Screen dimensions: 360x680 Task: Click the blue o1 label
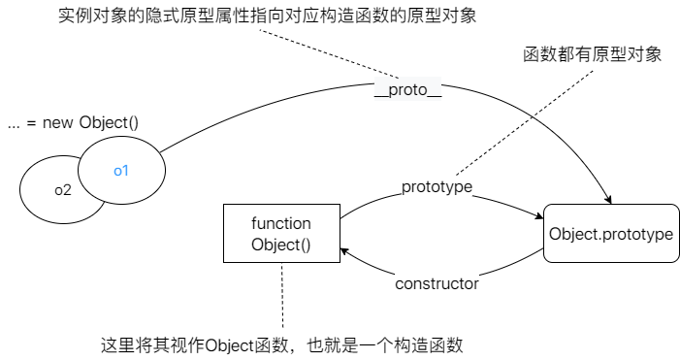(x=121, y=171)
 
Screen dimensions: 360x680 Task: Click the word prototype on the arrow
(x=437, y=185)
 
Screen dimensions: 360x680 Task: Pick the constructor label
(x=437, y=284)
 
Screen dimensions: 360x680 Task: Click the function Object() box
(x=281, y=234)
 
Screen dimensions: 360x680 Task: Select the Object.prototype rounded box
(x=610, y=234)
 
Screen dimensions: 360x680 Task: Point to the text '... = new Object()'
(x=73, y=122)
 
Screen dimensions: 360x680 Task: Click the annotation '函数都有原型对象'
(x=592, y=54)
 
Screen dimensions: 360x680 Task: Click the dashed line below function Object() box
(x=282, y=296)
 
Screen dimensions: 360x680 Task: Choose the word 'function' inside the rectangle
(x=281, y=223)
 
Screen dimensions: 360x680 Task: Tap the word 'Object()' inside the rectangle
(x=281, y=245)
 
